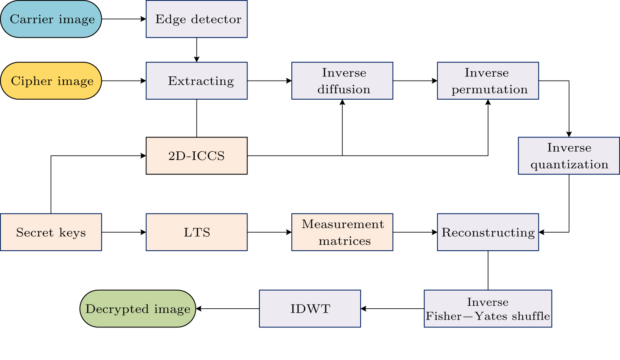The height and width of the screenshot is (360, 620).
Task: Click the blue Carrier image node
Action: (x=51, y=19)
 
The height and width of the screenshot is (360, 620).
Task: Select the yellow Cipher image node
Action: (x=51, y=81)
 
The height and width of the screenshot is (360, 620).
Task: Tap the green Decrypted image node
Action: (x=138, y=309)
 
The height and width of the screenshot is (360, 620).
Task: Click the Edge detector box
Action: (x=197, y=19)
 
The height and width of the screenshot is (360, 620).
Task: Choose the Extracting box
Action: (x=197, y=81)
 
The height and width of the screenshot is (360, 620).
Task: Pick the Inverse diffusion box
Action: (x=342, y=81)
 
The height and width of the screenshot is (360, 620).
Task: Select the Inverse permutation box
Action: (x=488, y=81)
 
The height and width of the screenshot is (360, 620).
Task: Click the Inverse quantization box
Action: (x=569, y=155)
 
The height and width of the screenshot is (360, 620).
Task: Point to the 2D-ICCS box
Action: (x=197, y=155)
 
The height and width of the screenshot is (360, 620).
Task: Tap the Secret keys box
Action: (x=51, y=232)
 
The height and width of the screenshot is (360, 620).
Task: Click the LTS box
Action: (x=197, y=232)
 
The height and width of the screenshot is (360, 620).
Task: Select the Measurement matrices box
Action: (x=342, y=232)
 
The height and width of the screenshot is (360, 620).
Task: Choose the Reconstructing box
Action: (x=488, y=232)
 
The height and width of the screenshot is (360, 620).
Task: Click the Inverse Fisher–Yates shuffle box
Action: (x=488, y=309)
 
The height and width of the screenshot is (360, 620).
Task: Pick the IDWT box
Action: (x=310, y=309)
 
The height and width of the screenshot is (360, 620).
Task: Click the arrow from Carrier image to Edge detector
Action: (x=124, y=19)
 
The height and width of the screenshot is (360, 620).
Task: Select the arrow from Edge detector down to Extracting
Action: (x=197, y=50)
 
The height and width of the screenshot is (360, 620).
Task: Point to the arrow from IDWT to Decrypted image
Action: (x=228, y=309)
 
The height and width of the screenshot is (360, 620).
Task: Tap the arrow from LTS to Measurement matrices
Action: (x=269, y=232)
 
